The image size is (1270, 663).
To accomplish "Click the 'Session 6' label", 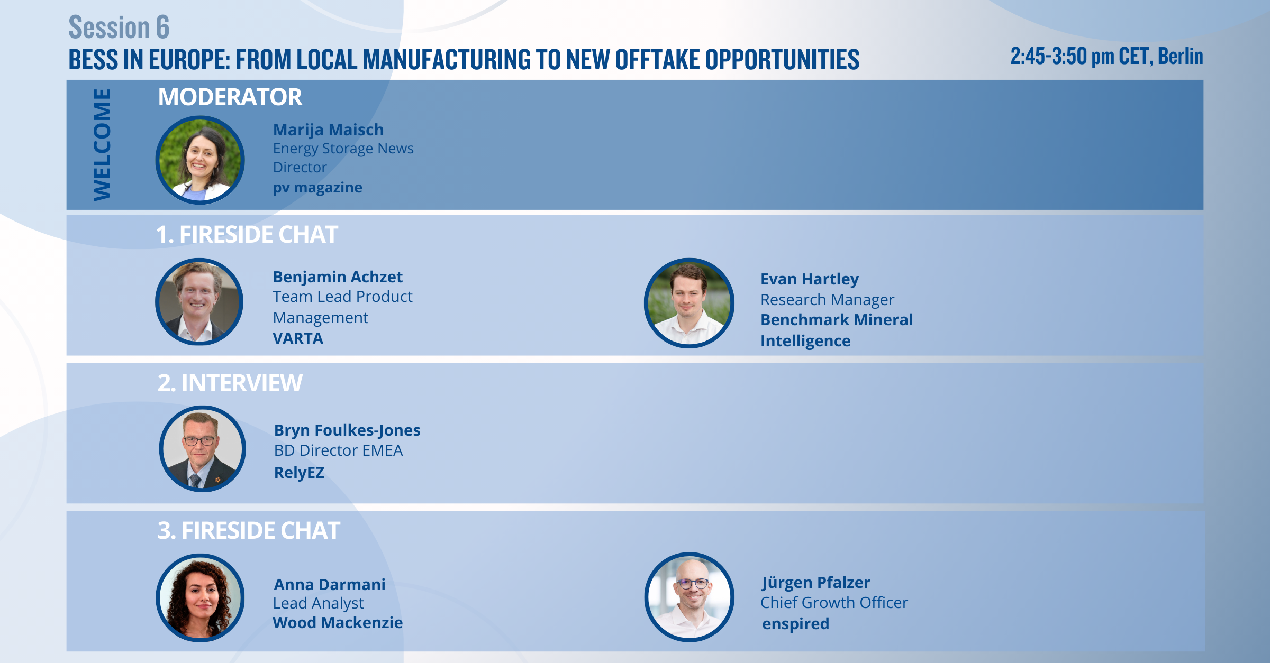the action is pos(119,27).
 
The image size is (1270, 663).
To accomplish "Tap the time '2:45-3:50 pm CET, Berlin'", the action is pos(1106,57).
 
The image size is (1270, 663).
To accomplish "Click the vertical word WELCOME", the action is pos(102,145).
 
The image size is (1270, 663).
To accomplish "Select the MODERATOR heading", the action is pos(230,97).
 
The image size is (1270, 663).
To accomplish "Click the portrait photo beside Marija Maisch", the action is pos(200,160).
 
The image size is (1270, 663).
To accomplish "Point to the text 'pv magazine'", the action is pos(317,188).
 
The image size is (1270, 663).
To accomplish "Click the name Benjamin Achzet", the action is pos(338,277).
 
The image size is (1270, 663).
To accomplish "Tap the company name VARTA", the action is pos(298,338).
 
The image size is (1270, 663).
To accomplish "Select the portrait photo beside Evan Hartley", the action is pos(689,303).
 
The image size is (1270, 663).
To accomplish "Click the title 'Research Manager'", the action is pos(827,300).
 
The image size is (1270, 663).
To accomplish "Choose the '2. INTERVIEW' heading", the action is pos(230,383).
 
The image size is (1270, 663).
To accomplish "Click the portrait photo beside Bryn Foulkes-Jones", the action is pos(202,449).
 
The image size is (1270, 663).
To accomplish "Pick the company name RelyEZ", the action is pos(299,473).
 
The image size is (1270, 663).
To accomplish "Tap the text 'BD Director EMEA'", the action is pos(338,450).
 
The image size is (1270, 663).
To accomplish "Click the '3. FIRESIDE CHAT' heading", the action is pos(249,531).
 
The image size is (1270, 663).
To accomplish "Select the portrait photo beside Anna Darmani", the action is pos(200,598).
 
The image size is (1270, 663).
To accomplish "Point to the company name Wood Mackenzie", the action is pos(338,623).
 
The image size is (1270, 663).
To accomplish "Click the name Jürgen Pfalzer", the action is pos(816,583).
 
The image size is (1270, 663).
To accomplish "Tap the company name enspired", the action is pos(795,624).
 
